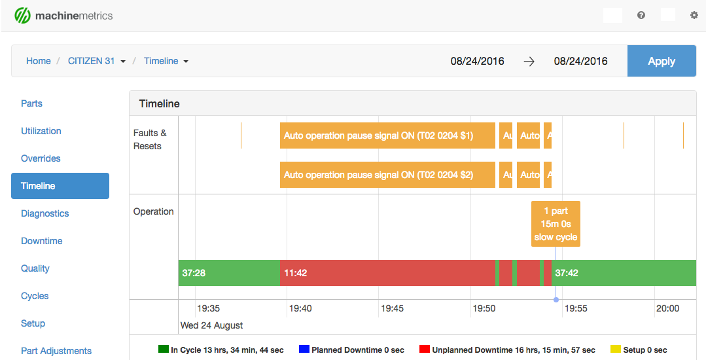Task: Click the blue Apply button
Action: [x=661, y=61]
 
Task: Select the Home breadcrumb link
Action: [x=38, y=61]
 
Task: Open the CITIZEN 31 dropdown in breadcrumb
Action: [x=97, y=61]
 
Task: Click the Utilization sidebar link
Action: [x=41, y=131]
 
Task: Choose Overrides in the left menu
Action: [x=41, y=158]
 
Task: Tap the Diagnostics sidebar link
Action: [x=44, y=213]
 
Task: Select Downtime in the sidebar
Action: [x=41, y=241]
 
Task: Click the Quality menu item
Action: [x=35, y=268]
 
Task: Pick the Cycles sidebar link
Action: [x=35, y=296]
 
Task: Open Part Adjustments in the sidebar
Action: [x=56, y=351]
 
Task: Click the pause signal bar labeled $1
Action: [x=387, y=135]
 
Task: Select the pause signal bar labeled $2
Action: [x=387, y=175]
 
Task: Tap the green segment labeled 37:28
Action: [x=229, y=273]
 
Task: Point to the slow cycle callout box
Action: [x=556, y=224]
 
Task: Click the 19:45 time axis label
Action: [x=392, y=308]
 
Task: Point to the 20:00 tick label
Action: [x=667, y=308]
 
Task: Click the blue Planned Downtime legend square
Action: [x=304, y=350]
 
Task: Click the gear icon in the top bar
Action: [x=694, y=15]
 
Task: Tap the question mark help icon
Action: [x=641, y=15]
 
